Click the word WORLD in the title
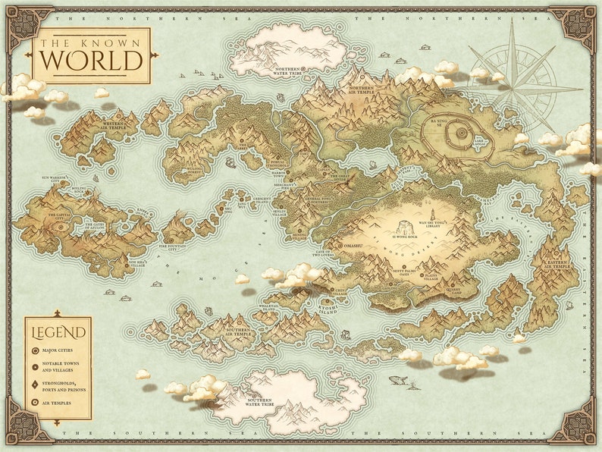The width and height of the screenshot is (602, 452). point(91,59)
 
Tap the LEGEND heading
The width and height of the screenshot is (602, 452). point(58,331)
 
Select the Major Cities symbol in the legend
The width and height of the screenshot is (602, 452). point(36,351)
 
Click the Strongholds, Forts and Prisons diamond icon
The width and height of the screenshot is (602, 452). point(36,386)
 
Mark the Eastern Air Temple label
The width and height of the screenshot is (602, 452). point(558,265)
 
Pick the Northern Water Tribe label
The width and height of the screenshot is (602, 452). point(289,70)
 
